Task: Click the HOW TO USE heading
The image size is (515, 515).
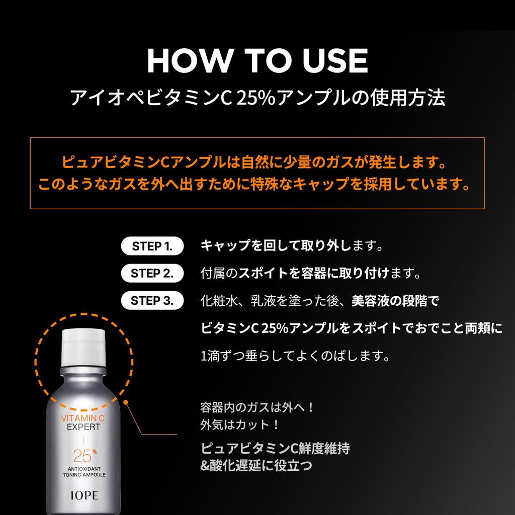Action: click(257, 61)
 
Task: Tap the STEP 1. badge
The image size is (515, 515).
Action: click(152, 246)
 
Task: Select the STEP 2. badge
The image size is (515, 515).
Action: click(152, 274)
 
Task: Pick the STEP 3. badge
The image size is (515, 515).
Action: click(152, 301)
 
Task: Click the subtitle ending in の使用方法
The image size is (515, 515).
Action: click(257, 98)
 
